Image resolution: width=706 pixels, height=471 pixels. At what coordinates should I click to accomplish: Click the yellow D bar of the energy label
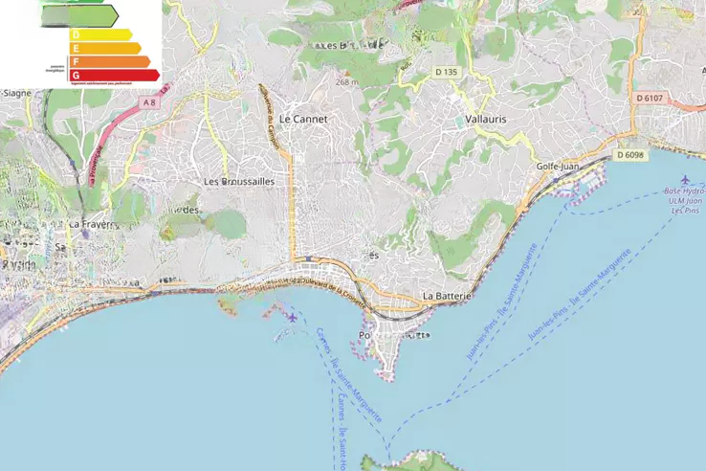pos(100,34)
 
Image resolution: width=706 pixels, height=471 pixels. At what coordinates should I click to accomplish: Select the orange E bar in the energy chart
pos(105,48)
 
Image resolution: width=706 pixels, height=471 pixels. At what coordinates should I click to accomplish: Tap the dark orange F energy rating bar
pos(110,61)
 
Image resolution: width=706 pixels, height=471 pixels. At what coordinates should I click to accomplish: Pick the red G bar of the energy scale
pos(114,75)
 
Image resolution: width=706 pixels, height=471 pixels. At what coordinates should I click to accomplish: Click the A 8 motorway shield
pos(149,101)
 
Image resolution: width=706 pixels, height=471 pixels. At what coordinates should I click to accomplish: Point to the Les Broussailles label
pos(239,181)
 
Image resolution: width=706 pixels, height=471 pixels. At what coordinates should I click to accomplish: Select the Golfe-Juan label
pos(558,167)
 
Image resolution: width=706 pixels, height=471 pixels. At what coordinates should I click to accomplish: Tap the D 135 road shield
pos(446,72)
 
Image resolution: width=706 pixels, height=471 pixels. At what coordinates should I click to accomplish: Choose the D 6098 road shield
pos(630,155)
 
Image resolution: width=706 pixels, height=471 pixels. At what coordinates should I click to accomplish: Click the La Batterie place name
pos(447,297)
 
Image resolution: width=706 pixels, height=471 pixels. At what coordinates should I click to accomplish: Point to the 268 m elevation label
pos(346,82)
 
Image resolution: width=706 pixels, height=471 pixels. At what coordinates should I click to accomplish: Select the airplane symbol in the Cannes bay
pos(292,317)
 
